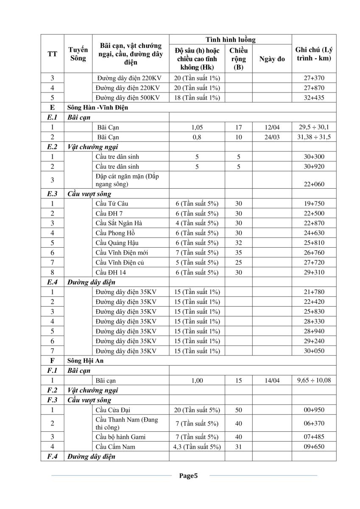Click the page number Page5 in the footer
[189, 475]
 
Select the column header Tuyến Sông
[78, 54]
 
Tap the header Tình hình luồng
[231, 39]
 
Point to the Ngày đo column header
[272, 59]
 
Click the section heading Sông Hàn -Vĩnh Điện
[98, 107]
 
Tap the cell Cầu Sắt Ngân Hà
[120, 223]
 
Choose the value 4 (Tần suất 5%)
[197, 223]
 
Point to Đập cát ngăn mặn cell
[127, 180]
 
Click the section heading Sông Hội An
[85, 361]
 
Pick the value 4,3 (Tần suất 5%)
[197, 447]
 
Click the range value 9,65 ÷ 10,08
[314, 380]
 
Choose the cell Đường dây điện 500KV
[128, 98]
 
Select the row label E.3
[53, 194]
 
